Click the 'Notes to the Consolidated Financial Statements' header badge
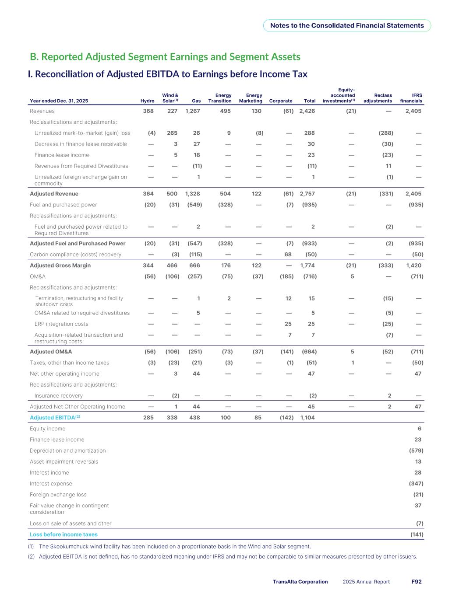[347, 25]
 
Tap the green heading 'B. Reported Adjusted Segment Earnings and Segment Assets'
[165, 57]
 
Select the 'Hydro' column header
[147, 101]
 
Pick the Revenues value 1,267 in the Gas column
[193, 111]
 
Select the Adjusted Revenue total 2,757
[307, 194]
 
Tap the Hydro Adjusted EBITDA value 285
[148, 418]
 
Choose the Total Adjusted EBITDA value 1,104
[307, 418]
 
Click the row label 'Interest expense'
[51, 484]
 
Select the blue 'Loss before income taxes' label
[64, 534]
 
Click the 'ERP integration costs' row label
[61, 324]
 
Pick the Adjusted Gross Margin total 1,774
[307, 265]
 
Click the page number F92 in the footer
[417, 582]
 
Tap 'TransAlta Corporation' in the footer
[300, 582]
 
